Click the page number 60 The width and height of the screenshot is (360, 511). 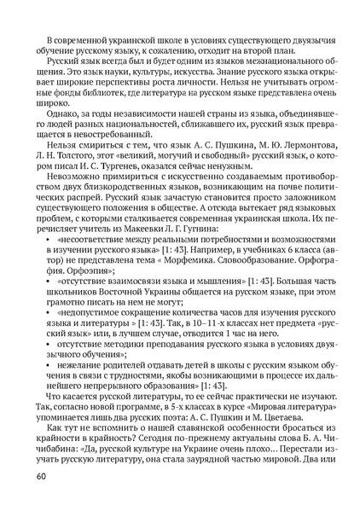coord(41,474)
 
